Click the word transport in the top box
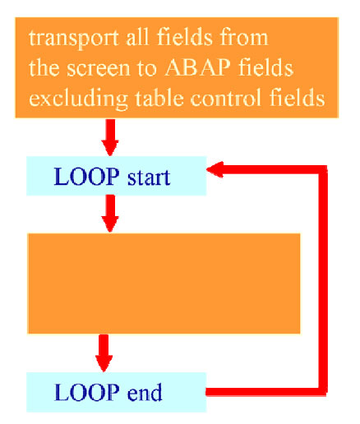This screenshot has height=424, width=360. pos(74,39)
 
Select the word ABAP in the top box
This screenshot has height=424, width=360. pos(197,67)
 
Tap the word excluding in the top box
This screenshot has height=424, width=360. pos(78,99)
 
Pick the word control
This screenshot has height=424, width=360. pos(226,98)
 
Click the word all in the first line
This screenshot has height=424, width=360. pos(138,37)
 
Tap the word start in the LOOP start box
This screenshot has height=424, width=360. pos(149,177)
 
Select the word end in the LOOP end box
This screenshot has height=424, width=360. pos(145,392)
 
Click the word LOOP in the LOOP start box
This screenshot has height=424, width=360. pos(86,177)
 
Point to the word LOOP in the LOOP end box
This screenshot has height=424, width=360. pos(87,392)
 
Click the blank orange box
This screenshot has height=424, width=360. pos(164,283)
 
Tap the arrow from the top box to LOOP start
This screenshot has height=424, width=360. pos(110,137)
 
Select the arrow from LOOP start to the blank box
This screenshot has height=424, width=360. pos(110,214)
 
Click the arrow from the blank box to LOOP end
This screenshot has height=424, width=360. pos(104,353)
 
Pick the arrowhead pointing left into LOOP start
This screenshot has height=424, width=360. pos(215,169)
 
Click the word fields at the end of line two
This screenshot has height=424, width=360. pos(265,67)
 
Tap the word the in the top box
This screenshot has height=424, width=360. pos(44,67)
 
